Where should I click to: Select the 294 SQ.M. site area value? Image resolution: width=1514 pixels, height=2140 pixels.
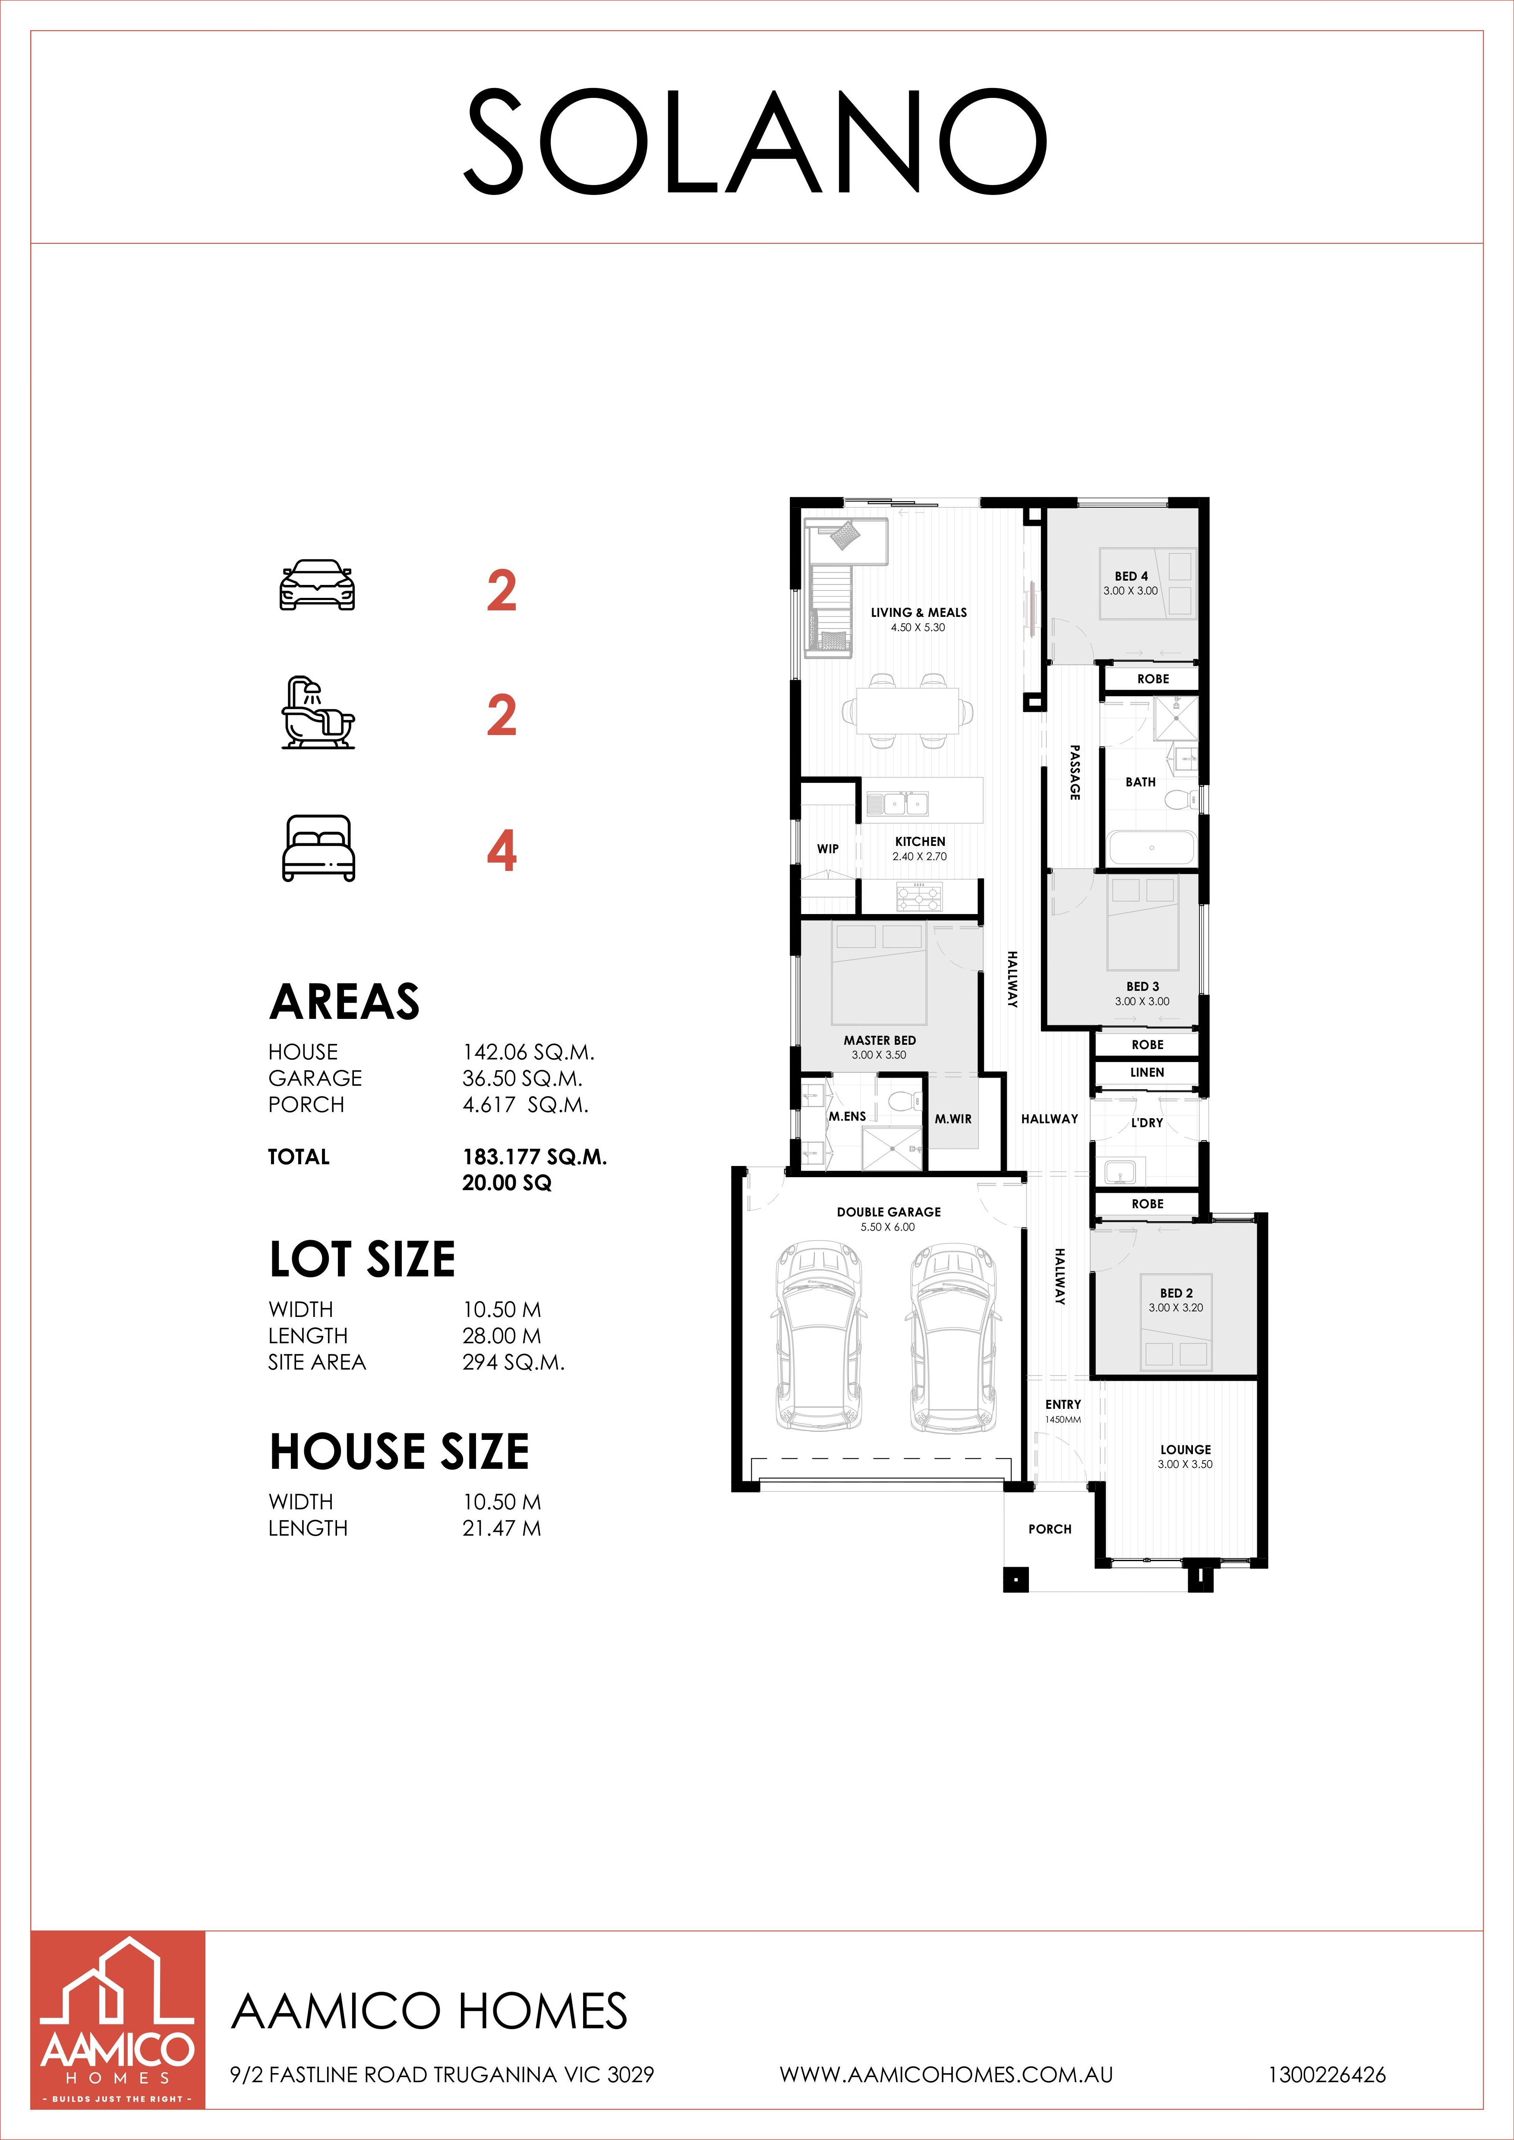coord(514,1363)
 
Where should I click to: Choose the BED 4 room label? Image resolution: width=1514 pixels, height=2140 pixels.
coord(1131,576)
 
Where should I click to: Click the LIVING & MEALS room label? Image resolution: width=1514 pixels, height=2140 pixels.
coord(918,613)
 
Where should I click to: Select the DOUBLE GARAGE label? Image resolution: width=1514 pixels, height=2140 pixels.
coord(889,1212)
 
